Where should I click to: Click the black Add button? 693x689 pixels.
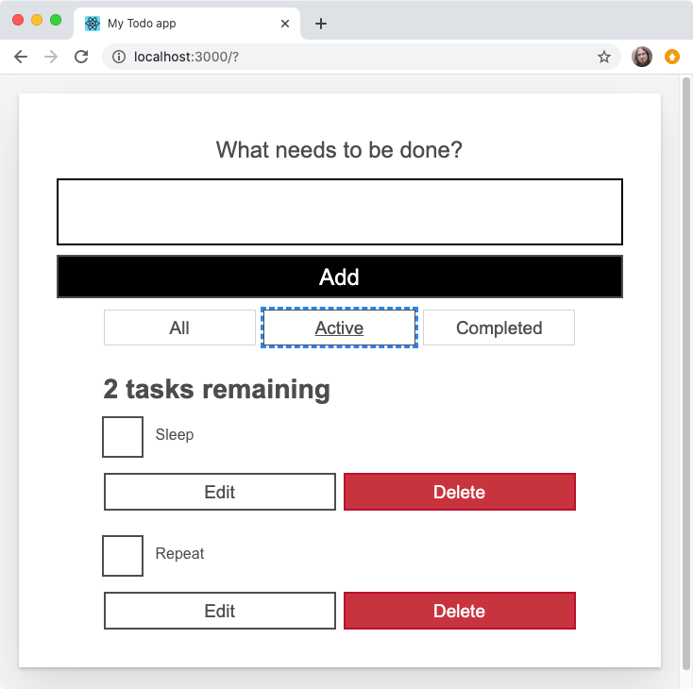click(340, 277)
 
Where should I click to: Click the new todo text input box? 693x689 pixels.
click(340, 211)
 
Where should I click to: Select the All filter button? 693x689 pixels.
click(179, 328)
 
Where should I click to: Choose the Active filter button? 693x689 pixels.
click(339, 328)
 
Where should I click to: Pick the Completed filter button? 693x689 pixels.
click(499, 328)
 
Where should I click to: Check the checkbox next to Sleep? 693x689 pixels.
click(123, 437)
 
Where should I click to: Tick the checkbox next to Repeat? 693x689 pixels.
click(123, 556)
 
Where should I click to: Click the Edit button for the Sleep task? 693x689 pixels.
click(220, 492)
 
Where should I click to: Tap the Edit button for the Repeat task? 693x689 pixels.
click(220, 611)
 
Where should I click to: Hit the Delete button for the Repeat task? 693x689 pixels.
click(459, 611)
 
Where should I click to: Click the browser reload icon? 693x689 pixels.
click(81, 57)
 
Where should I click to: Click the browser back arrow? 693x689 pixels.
click(21, 57)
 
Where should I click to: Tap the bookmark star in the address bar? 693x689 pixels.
click(604, 57)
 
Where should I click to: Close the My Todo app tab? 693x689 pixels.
click(285, 24)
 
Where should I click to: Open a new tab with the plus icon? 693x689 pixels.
click(321, 24)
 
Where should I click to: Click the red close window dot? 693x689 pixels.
click(18, 20)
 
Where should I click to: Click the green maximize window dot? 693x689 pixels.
click(56, 20)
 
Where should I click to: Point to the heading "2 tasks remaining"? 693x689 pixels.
click(217, 389)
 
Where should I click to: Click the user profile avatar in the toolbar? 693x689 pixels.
click(642, 57)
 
